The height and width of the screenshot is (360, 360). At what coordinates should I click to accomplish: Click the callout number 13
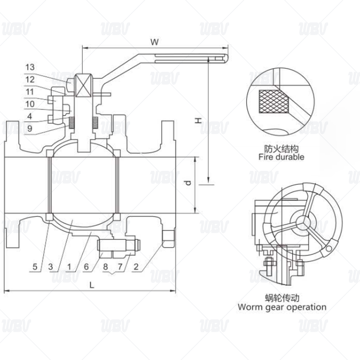click(x=30, y=67)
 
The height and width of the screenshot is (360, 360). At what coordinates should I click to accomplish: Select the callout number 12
click(x=30, y=80)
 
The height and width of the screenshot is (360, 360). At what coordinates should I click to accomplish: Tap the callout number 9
click(x=30, y=128)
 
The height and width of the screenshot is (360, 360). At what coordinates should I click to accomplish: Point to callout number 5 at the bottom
click(x=35, y=267)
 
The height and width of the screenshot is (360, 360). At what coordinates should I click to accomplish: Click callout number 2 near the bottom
click(x=136, y=267)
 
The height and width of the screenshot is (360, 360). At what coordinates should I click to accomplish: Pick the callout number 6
click(x=86, y=267)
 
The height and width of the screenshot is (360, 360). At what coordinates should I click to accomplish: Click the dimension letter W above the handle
click(x=155, y=42)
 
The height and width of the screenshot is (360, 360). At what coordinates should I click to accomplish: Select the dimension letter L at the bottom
click(x=92, y=285)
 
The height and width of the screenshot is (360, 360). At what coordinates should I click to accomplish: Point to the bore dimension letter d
click(x=188, y=183)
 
